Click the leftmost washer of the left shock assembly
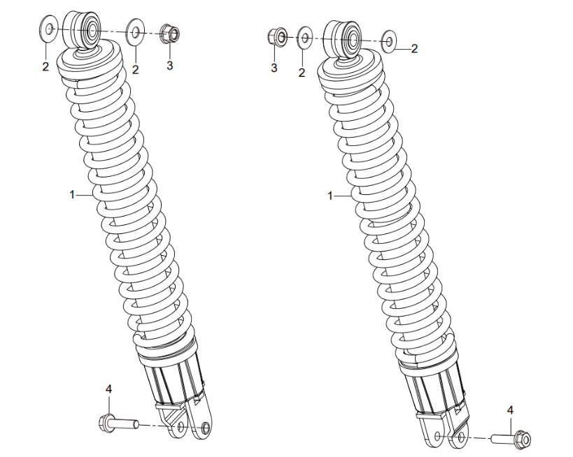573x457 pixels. coord(49,30)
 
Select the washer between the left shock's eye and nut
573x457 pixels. coord(134,33)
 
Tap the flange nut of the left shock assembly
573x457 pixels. coord(169,33)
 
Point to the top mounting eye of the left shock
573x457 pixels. coord(90,30)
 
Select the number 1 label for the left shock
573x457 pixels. coord(72,196)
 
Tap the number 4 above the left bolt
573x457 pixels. coord(108,388)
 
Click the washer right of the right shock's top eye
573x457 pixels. coord(388,41)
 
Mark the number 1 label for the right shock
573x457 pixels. coord(330,196)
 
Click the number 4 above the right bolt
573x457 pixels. coord(510,409)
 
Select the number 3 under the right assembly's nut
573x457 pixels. coord(274,68)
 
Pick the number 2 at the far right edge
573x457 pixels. coord(414,48)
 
